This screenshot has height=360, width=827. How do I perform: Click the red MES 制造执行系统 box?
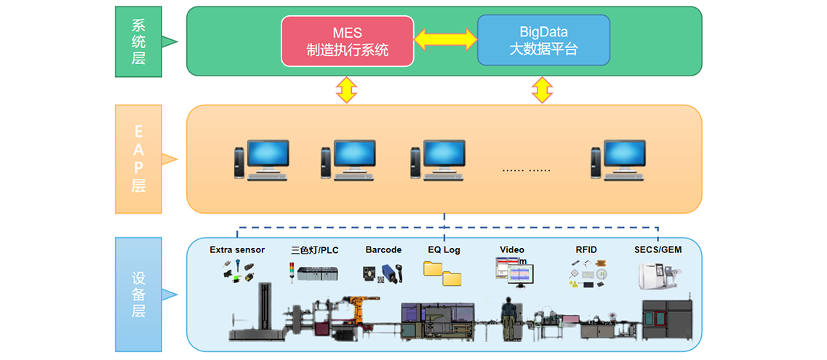(x=348, y=41)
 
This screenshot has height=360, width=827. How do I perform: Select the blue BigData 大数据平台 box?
(x=543, y=41)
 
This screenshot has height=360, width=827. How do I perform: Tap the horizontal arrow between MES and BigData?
(x=445, y=39)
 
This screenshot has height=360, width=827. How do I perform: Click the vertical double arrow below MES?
(x=346, y=90)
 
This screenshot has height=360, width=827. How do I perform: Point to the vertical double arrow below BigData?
(x=541, y=90)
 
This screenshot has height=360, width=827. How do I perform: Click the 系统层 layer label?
(x=139, y=41)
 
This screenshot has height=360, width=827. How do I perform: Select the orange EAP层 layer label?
(x=139, y=159)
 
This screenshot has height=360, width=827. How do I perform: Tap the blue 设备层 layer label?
(x=139, y=295)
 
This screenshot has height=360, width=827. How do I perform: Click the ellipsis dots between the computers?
(x=526, y=169)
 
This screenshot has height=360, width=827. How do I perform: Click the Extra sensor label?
(x=237, y=250)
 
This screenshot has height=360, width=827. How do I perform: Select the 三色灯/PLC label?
(x=315, y=250)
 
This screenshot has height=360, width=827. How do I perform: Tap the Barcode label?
(x=383, y=250)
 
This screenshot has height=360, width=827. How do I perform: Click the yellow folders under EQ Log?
(x=442, y=272)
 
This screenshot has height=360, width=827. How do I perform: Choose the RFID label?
(x=586, y=250)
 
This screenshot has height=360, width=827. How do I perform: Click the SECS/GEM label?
(x=658, y=250)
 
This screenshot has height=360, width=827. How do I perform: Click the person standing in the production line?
(x=508, y=317)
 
